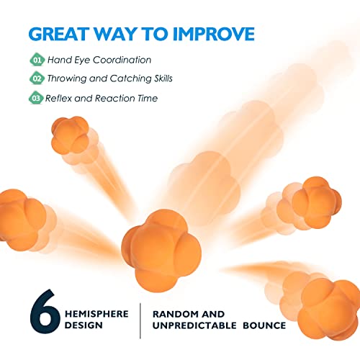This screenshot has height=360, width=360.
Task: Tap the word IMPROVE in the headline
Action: point(212,35)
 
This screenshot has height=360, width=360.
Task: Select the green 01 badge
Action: point(37,60)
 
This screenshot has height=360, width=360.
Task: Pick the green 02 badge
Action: point(37,78)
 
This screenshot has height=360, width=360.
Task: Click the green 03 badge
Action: point(37,98)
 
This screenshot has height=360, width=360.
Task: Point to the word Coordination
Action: point(125,60)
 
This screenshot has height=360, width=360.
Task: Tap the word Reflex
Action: point(59,98)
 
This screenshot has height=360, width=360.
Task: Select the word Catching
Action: point(135,78)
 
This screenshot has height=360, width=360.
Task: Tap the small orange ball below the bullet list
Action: point(70,133)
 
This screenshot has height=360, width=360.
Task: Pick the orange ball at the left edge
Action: point(18,220)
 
